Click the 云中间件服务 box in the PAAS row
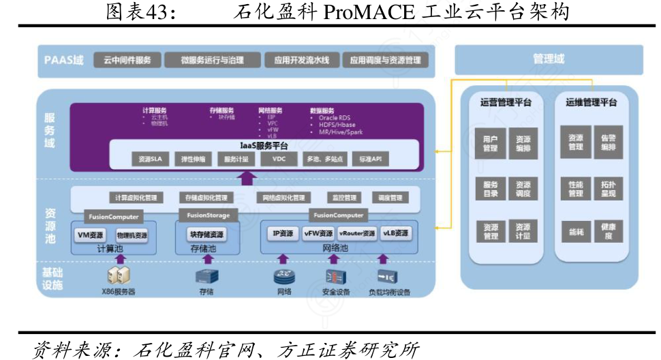point(127,60)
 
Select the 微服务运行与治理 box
point(212,60)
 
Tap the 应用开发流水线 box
point(297,60)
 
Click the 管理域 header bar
point(549,59)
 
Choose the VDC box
point(279,159)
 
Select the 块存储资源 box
point(206,234)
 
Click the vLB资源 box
point(396,233)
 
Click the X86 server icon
point(119,275)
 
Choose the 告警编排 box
point(608,142)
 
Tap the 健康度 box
point(608,232)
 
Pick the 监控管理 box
point(344,198)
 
